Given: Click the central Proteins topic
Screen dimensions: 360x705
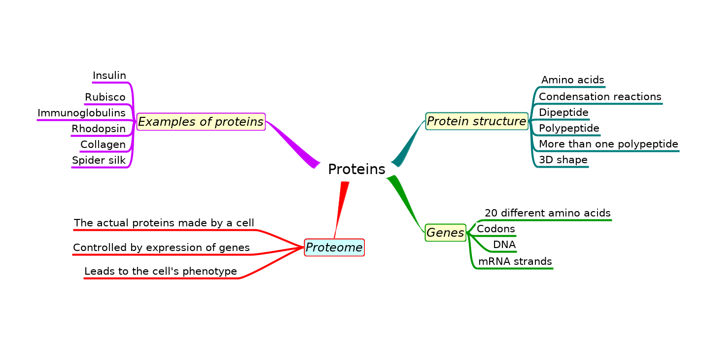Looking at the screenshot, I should click(356, 170).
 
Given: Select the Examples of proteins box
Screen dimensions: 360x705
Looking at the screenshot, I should click(201, 122).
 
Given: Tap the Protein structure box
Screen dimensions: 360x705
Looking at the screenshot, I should click(476, 121).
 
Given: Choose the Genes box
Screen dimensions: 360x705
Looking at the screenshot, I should click(445, 233).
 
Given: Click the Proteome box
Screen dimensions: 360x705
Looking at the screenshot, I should click(334, 248).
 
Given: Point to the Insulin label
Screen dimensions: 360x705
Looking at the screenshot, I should click(109, 76).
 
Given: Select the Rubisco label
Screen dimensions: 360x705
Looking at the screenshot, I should click(105, 98).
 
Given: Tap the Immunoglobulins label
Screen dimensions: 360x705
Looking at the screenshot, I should click(81, 113).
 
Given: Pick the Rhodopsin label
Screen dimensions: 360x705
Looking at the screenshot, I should click(99, 129).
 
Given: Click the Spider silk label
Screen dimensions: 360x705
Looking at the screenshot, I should click(99, 160).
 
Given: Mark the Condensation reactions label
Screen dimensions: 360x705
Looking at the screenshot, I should click(600, 97).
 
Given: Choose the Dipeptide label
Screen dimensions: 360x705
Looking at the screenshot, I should click(564, 112).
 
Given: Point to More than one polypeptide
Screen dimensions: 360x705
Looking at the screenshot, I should click(608, 144).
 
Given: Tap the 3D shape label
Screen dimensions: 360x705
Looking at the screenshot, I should click(563, 160).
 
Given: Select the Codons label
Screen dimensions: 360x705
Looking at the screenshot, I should click(496, 229).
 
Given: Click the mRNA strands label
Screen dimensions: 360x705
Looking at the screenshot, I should click(515, 261).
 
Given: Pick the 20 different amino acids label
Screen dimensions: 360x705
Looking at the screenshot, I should click(548, 213).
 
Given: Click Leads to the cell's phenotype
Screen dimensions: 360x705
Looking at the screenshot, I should click(161, 271).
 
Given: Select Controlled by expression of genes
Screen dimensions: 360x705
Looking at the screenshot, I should click(161, 248).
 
